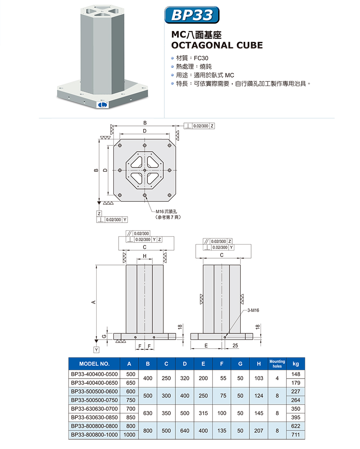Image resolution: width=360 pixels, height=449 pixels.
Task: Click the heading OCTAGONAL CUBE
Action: pos(216,45)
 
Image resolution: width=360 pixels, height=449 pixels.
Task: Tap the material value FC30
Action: pos(202,58)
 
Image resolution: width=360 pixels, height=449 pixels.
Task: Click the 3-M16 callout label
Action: pos(252,310)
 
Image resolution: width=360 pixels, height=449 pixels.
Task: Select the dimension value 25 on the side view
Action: pos(235,346)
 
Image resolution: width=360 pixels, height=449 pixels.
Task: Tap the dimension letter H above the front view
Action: pos(144,256)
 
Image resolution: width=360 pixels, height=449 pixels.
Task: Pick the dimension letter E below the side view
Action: pos(206,346)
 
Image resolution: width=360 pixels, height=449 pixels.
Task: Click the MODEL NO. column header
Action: pos(94,364)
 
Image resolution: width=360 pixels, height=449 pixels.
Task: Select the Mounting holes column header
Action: pos(277,364)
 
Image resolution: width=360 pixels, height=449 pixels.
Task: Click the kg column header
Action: pos(296,364)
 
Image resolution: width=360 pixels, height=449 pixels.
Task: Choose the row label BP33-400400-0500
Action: pos(94,374)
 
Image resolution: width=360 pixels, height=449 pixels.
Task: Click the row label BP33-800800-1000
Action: pos(94,435)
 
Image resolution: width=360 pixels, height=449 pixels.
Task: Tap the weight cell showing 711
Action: pos(296,435)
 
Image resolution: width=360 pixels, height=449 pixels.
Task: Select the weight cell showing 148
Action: pos(296,374)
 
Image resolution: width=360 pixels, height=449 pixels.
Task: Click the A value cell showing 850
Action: pos(130,418)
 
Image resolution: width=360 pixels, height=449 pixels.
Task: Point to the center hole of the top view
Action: pos(145,170)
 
